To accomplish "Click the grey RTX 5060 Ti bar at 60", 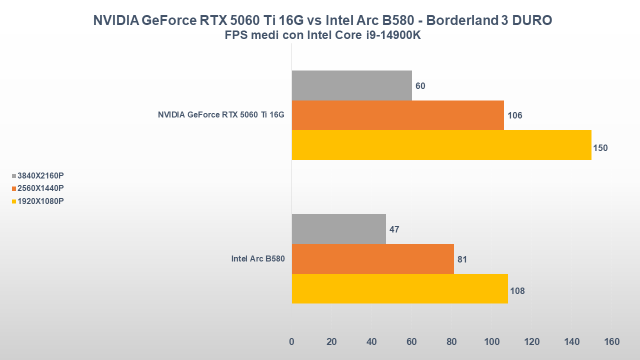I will point(351,85).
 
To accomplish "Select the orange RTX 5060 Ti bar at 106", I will point(397,115).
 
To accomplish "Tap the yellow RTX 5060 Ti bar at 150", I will point(441,145).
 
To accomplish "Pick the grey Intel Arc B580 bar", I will point(338,229).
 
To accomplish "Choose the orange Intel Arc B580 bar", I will point(372,259).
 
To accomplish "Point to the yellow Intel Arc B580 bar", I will point(399,288).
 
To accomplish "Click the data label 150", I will point(600,148).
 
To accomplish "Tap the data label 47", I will point(394,229).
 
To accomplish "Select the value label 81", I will point(462,259).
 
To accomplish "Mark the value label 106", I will point(514,115).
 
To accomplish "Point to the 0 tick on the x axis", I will point(291,342).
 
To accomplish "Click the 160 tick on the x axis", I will point(611,342).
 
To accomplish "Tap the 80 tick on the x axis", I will point(451,342).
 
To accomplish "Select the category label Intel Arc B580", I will point(257,259).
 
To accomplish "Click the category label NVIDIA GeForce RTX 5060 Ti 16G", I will point(221,115).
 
